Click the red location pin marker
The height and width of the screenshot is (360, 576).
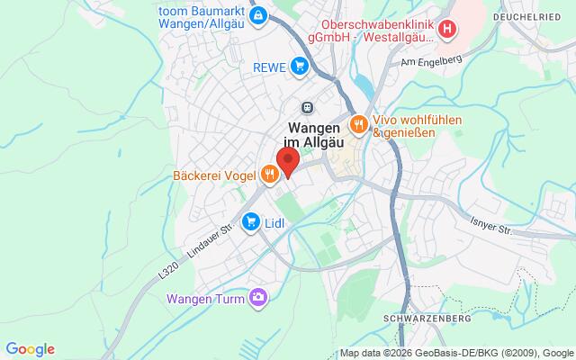point(288,162)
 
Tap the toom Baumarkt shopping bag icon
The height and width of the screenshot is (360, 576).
point(259,15)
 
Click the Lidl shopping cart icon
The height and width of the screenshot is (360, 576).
point(252,220)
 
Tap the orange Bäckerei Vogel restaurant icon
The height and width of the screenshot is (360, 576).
point(269,175)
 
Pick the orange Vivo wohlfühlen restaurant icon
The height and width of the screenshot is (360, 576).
point(358,124)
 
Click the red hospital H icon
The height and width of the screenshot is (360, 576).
point(447,31)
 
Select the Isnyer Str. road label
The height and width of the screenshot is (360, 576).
point(491,225)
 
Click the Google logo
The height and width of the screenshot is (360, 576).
point(30,349)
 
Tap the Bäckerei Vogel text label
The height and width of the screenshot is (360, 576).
point(211,175)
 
